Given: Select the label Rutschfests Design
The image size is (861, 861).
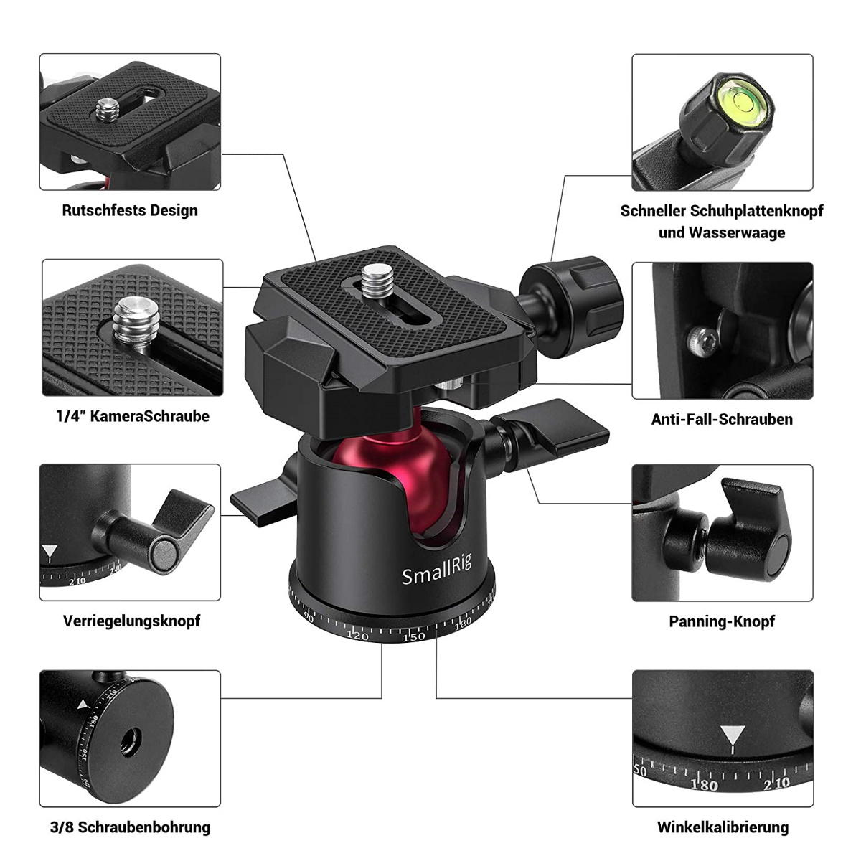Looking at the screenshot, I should pyautogui.click(x=130, y=210).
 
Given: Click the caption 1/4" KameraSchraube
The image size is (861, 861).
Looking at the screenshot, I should pyautogui.click(x=133, y=416).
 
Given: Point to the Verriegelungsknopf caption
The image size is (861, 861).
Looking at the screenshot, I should pyautogui.click(x=131, y=621).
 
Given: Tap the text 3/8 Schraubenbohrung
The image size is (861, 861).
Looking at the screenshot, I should pyautogui.click(x=131, y=827).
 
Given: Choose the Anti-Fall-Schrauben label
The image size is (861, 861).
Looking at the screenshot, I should pyautogui.click(x=722, y=419).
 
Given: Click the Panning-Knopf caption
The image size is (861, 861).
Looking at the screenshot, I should pyautogui.click(x=722, y=621).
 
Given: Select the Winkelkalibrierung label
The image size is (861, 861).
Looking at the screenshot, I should pyautogui.click(x=723, y=827).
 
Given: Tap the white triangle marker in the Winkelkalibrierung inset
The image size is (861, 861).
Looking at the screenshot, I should pyautogui.click(x=732, y=736).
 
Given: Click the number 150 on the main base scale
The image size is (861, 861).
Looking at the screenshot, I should pyautogui.click(x=413, y=637).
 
